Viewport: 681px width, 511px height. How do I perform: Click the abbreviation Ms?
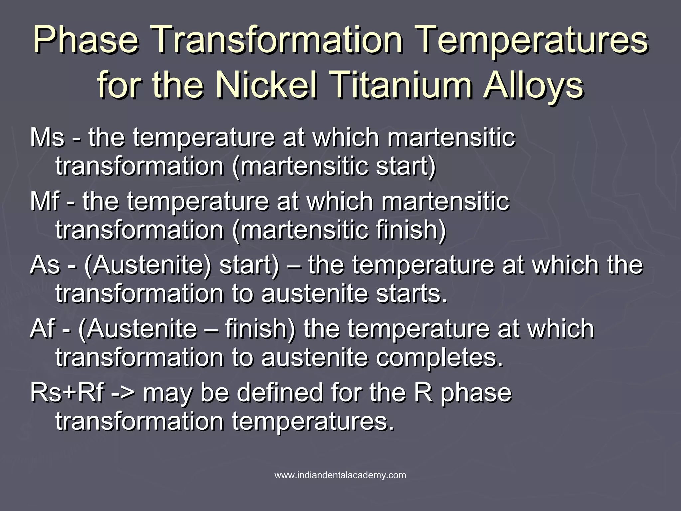(x=46, y=138)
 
